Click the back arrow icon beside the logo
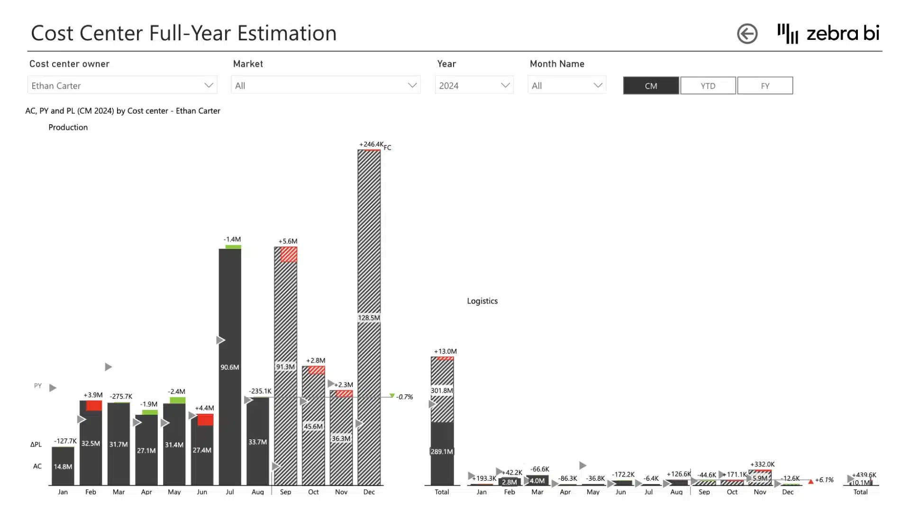(747, 34)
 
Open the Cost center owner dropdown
(122, 85)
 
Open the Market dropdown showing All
(326, 85)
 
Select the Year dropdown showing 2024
(474, 85)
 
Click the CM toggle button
(651, 86)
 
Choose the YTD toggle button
(708, 86)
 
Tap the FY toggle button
(764, 86)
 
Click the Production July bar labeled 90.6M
(230, 367)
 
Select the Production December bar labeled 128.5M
(369, 318)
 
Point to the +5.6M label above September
(288, 241)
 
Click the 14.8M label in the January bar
(63, 466)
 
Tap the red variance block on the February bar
(94, 406)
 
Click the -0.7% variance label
(404, 397)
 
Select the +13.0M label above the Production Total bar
(445, 351)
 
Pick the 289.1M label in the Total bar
(442, 451)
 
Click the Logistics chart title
(482, 301)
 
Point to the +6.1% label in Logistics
(824, 480)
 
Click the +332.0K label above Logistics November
(762, 464)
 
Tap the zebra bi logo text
(842, 33)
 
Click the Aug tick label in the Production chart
(257, 492)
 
